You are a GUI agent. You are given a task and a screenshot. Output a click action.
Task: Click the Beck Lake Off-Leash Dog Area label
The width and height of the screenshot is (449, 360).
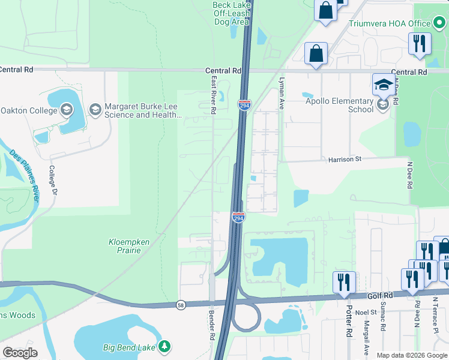coord(231,13)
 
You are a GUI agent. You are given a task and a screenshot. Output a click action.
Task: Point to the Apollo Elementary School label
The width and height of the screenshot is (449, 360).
coord(339,106)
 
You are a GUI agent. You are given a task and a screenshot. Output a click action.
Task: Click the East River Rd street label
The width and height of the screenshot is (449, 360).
coord(213,95)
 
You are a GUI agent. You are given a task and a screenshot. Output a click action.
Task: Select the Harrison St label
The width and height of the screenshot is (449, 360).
coord(345,160)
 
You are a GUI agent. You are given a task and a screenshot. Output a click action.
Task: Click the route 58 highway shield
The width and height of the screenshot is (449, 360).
coord(181,305)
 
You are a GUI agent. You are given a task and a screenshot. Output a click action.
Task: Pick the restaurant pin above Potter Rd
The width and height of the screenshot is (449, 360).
coord(344,281)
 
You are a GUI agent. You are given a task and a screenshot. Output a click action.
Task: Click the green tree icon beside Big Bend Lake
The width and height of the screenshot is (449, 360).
coord(163,347)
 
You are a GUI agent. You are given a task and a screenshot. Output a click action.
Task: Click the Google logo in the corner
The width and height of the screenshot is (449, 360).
coord(20,353)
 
